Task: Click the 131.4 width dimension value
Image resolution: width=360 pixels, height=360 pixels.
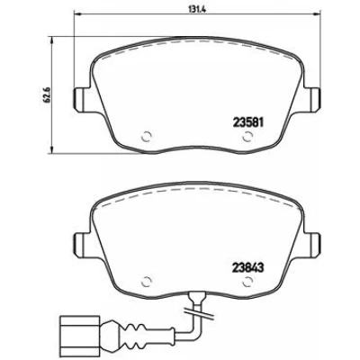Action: (194, 9)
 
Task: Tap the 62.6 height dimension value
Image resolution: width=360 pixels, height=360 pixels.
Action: (46, 95)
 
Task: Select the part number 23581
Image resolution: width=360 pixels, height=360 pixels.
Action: (248, 122)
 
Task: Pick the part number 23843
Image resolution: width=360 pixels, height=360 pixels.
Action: (248, 268)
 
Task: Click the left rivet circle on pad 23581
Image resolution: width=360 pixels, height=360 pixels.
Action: (147, 137)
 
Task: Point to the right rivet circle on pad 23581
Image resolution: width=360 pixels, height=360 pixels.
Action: (247, 137)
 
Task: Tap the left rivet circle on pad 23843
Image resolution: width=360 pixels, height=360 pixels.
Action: (147, 282)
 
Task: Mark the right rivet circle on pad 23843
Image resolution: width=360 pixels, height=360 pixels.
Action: (247, 282)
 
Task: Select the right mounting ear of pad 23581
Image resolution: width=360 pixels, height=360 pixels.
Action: (313, 98)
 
